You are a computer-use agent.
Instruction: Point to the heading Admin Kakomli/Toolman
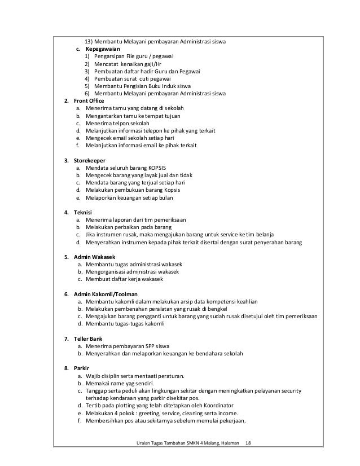(106, 294)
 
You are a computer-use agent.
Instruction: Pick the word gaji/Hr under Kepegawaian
(148, 64)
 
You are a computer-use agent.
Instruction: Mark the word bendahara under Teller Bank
(210, 353)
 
